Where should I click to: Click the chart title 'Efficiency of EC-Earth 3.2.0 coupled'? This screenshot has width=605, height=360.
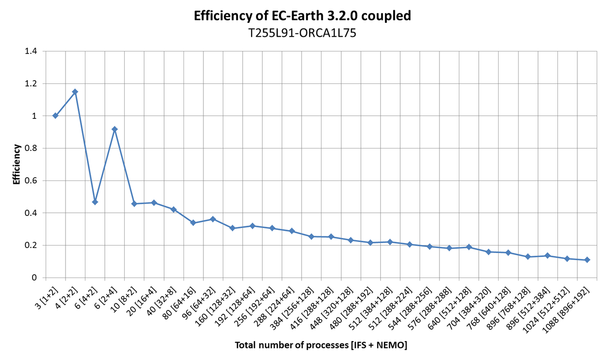point(302,16)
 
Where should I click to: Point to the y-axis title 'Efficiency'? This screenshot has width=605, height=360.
point(17,164)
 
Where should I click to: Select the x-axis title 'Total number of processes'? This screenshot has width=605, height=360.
point(321,345)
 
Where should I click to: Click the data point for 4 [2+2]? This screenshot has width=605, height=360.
point(75,92)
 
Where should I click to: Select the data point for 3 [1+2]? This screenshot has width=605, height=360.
point(55,115)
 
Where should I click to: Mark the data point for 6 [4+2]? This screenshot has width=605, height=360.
point(95,202)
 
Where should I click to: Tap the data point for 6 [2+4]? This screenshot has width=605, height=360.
point(115,129)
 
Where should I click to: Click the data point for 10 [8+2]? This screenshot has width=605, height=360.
point(134,204)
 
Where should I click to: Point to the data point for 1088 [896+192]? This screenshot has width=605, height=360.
point(587,260)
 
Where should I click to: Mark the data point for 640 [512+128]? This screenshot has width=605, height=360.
point(469,247)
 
